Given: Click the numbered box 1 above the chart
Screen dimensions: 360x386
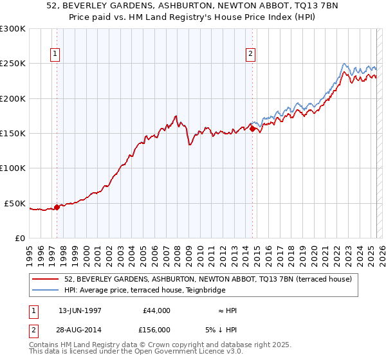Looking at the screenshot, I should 57,54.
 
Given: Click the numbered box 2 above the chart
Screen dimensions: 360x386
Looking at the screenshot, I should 250,54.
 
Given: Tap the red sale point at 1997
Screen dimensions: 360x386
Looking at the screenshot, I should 57,207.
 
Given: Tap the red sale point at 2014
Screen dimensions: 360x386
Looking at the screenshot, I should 252,129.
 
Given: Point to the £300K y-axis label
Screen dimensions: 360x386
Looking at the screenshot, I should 12,29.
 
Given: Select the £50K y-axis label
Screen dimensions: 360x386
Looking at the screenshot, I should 15,203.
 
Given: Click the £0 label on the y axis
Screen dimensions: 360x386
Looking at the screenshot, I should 19,239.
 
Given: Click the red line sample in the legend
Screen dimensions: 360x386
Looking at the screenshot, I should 46,280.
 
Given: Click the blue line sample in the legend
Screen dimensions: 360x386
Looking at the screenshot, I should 46,290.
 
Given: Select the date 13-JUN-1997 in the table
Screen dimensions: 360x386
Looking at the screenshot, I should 80,310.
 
